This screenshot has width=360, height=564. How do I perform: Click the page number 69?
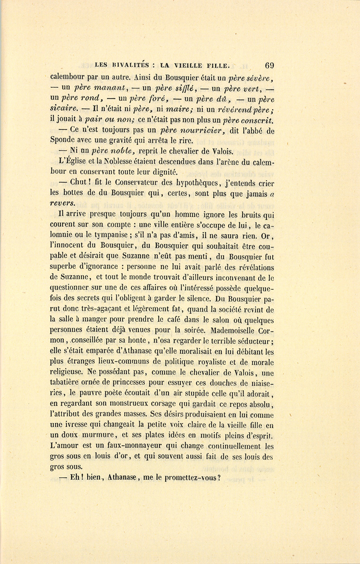point(269,66)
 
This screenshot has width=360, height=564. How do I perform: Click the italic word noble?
point(126,151)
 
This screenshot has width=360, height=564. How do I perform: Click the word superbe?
point(64,266)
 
